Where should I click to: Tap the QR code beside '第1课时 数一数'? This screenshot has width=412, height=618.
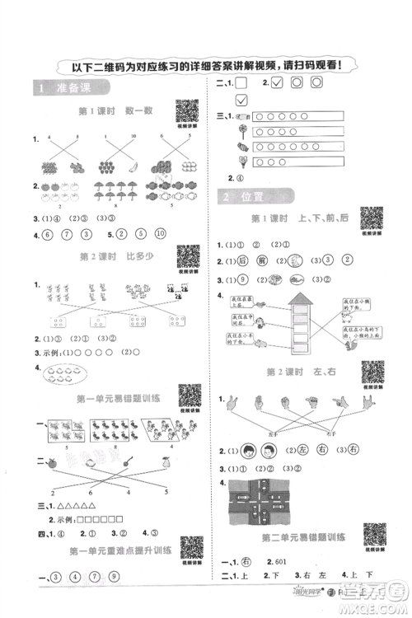[x=188, y=110]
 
